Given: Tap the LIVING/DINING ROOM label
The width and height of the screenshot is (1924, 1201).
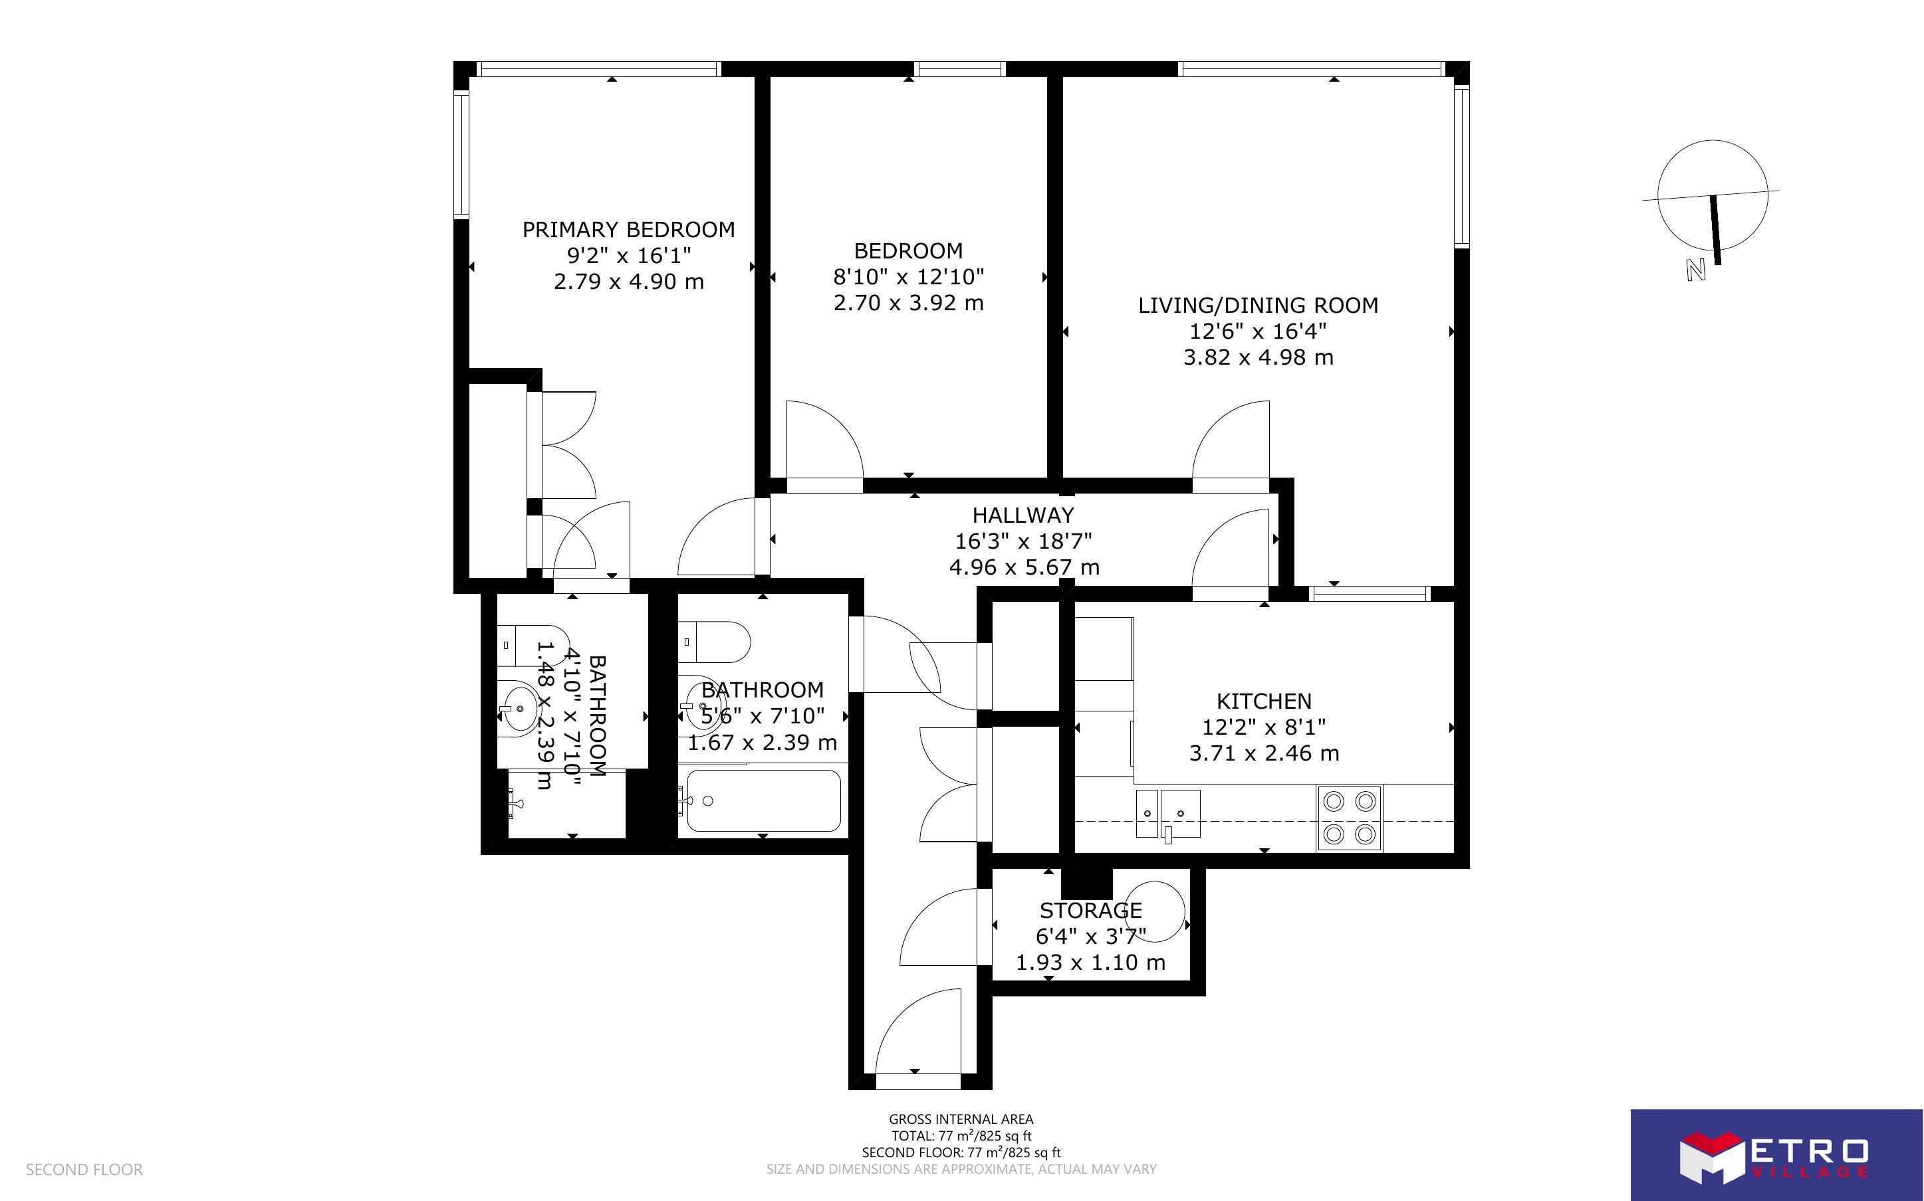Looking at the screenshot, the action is tap(1258, 305).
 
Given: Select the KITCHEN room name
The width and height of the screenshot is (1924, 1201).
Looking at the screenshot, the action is tap(1264, 701).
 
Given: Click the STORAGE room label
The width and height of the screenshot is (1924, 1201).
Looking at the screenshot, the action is tap(1090, 910).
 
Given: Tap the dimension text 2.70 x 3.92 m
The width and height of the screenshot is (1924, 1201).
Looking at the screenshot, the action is tap(908, 303).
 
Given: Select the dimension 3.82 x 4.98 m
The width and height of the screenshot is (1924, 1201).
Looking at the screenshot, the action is tap(1258, 357).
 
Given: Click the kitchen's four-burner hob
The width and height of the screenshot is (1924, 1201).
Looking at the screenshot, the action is tap(1350, 818).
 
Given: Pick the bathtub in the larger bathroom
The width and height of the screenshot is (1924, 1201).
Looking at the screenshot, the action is tap(763, 800).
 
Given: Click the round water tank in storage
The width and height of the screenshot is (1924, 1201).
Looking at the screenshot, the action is tap(1155, 910).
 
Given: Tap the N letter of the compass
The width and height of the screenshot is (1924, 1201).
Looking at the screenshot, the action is tap(1695, 270).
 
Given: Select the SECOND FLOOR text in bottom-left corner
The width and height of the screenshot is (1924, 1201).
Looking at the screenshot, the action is tap(84, 1169).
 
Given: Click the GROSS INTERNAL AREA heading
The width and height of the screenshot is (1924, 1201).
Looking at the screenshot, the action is tap(961, 1119).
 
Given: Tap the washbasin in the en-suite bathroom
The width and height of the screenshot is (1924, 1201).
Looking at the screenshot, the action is tap(521, 707).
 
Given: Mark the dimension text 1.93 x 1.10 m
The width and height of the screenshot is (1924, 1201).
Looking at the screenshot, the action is tap(1090, 963).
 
